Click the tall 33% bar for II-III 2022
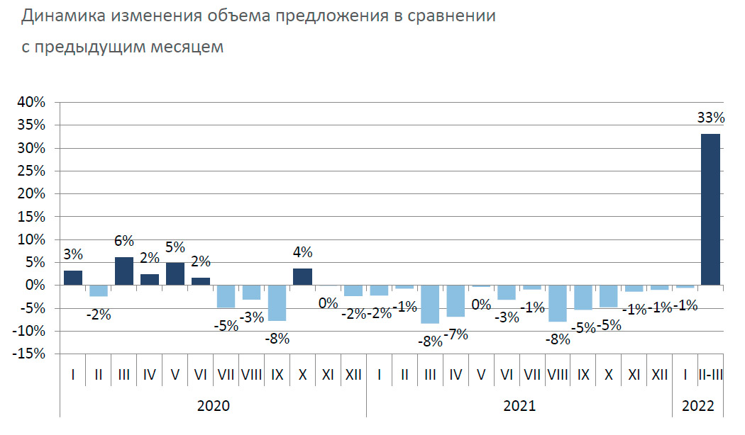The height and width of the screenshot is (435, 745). click(x=710, y=209)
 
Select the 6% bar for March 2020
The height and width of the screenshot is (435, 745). click(x=124, y=271)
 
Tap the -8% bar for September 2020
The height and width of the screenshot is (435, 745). click(x=277, y=303)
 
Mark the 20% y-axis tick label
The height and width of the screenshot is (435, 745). click(x=31, y=194)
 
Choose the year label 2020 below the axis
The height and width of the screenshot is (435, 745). click(x=213, y=406)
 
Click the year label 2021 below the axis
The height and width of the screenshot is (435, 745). click(x=519, y=406)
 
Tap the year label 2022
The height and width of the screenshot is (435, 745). click(x=699, y=406)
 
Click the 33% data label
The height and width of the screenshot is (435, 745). click(x=710, y=118)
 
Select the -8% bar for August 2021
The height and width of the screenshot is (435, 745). click(x=558, y=303)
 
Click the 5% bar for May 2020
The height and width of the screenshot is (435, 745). click(x=175, y=273)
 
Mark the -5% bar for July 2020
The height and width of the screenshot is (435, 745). click(x=226, y=296)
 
